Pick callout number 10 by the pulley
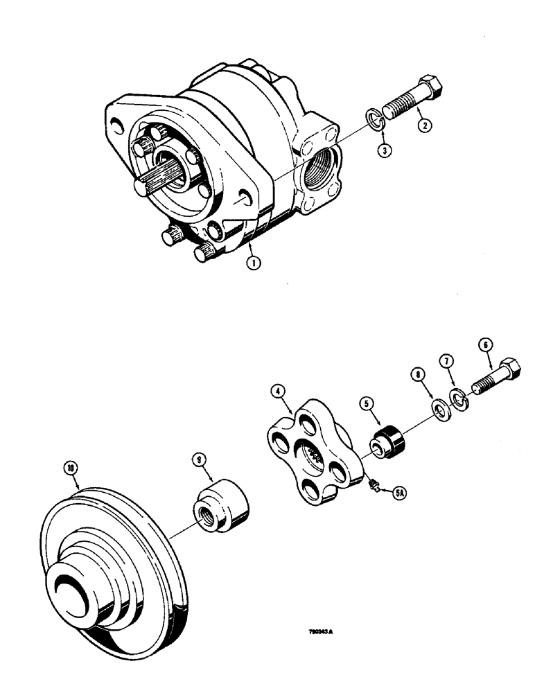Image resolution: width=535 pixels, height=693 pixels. pyautogui.click(x=71, y=468)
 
